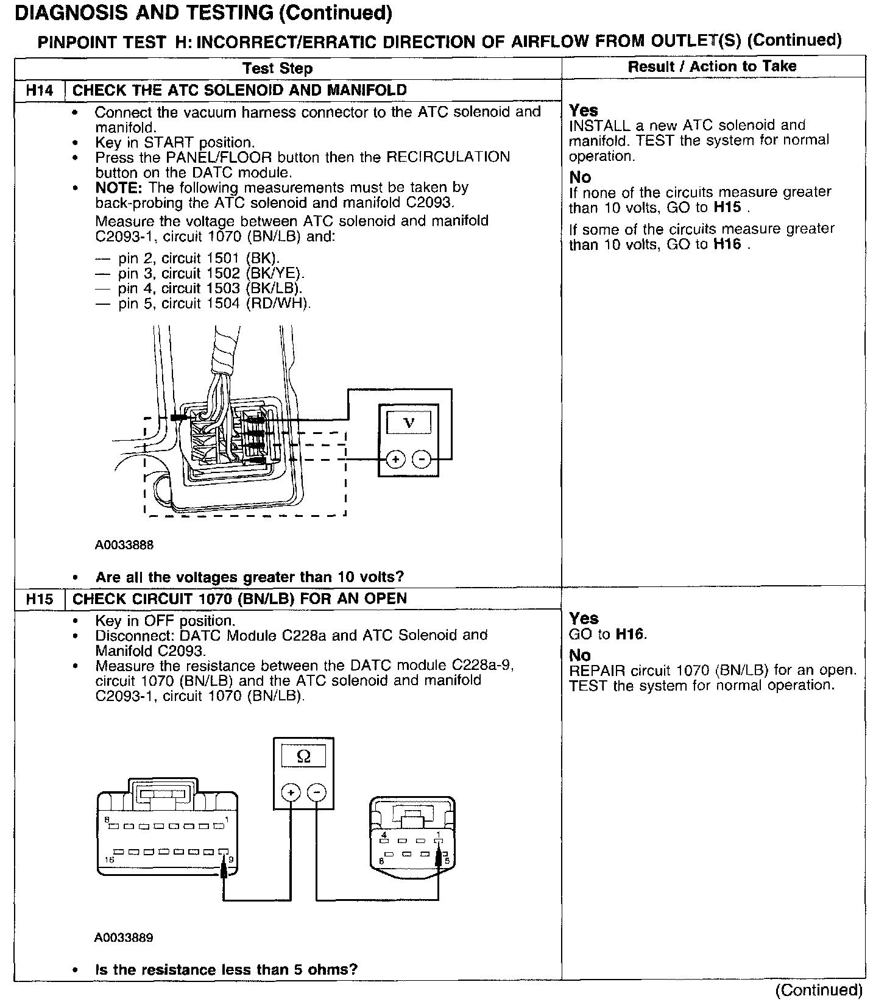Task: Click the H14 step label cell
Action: coord(39,91)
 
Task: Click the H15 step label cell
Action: coord(39,599)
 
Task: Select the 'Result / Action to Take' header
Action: coord(712,66)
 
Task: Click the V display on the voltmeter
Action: coord(409,422)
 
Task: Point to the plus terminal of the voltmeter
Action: coord(395,459)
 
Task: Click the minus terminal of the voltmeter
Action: coord(422,459)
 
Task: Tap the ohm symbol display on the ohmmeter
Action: coord(303,756)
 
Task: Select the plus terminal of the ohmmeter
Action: coord(291,792)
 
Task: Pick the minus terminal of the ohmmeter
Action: coord(316,792)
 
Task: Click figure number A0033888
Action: coord(124,545)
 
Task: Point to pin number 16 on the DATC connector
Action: coord(109,859)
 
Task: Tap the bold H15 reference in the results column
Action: coord(727,207)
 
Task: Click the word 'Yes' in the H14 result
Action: coord(584,110)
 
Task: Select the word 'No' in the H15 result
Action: coord(580,655)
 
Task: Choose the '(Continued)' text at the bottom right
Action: coord(819,990)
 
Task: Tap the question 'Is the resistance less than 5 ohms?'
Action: coord(226,970)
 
